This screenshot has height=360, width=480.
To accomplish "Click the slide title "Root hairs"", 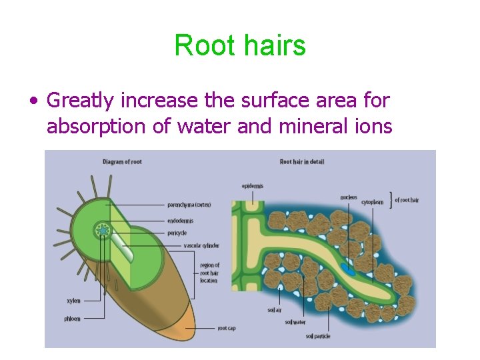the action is pos(240,46).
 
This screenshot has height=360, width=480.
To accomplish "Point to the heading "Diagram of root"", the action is pos(122,161).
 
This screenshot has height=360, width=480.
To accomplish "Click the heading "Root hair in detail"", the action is pos(301,161).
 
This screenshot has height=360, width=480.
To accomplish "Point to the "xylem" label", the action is pos(73,301).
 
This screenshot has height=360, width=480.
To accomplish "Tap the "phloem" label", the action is pos(73,319).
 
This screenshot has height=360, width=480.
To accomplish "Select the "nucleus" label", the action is pos(349,197).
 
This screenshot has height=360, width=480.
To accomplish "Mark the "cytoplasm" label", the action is pos(373,201).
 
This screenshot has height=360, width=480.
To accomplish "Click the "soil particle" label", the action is pos(319,335).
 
